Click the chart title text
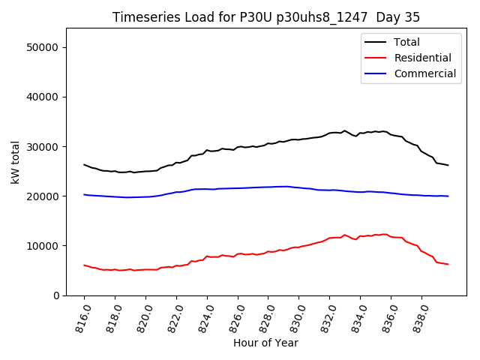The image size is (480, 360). [266, 17]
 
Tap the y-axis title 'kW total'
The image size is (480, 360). [16, 162]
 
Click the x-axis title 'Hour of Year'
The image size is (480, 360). [265, 343]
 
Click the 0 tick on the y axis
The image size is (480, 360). [57, 295]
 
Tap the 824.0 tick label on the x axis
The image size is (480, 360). [204, 316]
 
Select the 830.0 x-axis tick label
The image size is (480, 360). [295, 316]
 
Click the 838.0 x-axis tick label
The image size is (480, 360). [418, 316]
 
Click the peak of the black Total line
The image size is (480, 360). [345, 130]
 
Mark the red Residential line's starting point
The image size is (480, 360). [84, 265]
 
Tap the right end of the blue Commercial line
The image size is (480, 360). [448, 196]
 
